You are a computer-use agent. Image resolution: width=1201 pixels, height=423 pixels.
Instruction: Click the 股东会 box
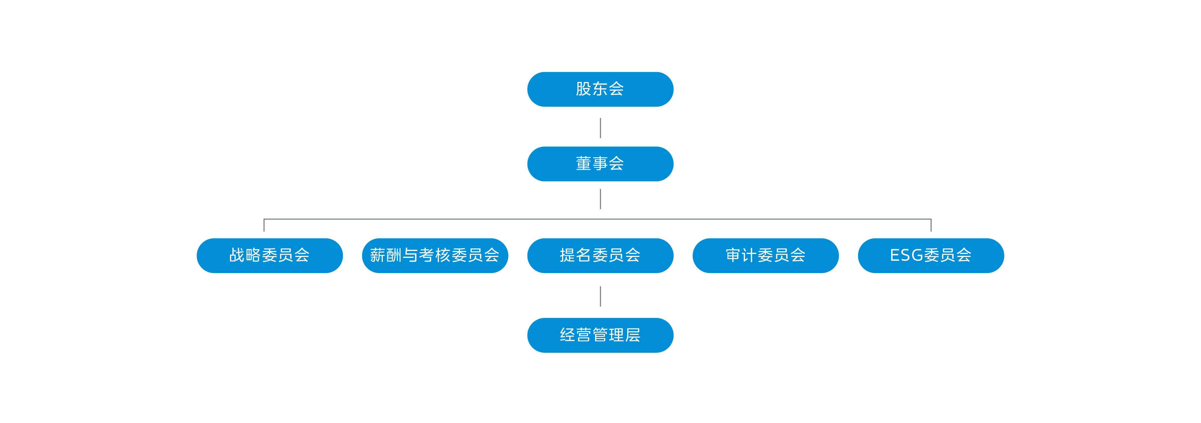pyautogui.click(x=600, y=89)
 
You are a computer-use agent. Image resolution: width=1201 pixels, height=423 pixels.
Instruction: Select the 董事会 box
pyautogui.click(x=600, y=164)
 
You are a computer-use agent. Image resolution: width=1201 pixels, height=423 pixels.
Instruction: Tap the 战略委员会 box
pyautogui.click(x=270, y=255)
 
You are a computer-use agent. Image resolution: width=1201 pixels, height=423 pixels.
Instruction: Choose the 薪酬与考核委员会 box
pyautogui.click(x=434, y=255)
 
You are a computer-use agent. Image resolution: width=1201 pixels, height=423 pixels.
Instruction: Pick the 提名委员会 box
pyautogui.click(x=600, y=255)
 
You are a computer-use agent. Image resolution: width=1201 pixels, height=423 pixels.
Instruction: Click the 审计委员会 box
pyautogui.click(x=765, y=255)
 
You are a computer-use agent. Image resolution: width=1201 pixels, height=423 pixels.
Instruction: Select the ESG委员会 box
pyautogui.click(x=930, y=255)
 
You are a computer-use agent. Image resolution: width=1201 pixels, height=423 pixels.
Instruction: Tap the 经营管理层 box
pyautogui.click(x=600, y=335)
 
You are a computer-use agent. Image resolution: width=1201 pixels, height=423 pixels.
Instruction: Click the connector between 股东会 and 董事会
pyautogui.click(x=600, y=128)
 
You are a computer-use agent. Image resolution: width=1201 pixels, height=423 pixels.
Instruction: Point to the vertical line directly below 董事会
pyautogui.click(x=600, y=199)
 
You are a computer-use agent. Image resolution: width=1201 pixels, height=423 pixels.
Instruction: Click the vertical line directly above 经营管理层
pyautogui.click(x=600, y=296)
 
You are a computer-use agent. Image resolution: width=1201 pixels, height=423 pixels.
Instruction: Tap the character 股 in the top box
pyautogui.click(x=584, y=89)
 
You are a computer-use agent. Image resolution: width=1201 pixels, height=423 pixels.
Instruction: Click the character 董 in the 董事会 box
pyautogui.click(x=584, y=163)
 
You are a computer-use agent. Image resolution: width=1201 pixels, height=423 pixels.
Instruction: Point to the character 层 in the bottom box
pyautogui.click(x=633, y=335)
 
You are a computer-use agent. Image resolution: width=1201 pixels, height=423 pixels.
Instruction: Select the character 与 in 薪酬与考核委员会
pyautogui.click(x=410, y=255)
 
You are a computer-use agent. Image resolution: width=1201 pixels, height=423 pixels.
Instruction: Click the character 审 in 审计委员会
pyautogui.click(x=734, y=255)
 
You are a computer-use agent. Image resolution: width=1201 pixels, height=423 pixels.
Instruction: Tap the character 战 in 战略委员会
pyautogui.click(x=237, y=255)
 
